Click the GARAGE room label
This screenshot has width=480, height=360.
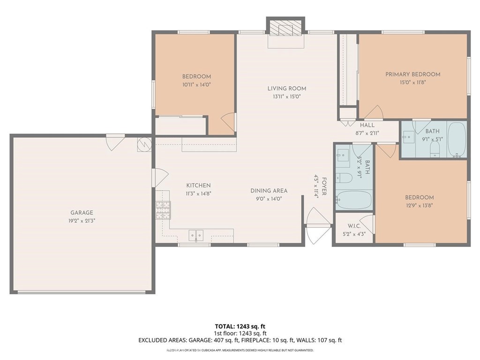tap(82, 212)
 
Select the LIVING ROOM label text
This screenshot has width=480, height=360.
tap(287, 88)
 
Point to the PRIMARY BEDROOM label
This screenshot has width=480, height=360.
tap(412, 74)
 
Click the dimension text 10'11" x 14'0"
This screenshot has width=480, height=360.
tap(196, 84)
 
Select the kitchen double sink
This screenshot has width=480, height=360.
tap(196, 235)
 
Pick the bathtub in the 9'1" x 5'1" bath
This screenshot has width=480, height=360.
tap(456, 139)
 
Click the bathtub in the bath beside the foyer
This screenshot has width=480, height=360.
tap(353, 200)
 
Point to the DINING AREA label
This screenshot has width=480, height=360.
tap(269, 191)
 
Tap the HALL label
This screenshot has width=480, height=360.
tap(367, 125)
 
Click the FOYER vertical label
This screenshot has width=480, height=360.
tap(323, 187)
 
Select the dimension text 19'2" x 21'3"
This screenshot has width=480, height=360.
tap(82, 220)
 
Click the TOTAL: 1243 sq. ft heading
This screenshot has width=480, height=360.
tap(240, 326)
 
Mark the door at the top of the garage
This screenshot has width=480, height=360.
tap(115, 142)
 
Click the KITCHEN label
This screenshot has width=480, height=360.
tap(198, 186)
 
